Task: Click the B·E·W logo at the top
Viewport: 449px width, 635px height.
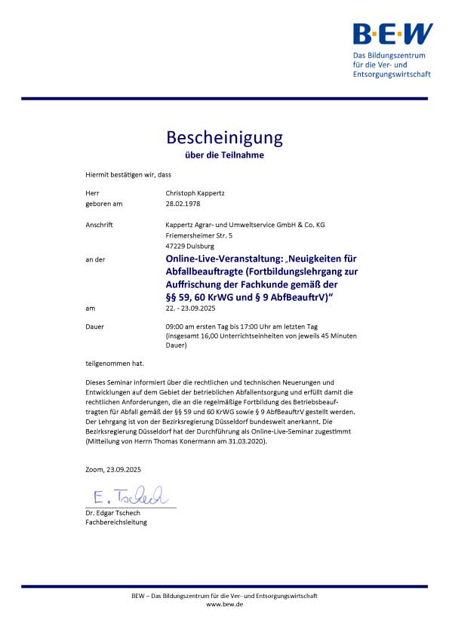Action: (x=392, y=33)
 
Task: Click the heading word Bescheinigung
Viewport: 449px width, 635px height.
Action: (x=224, y=137)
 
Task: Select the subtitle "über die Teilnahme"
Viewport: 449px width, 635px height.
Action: (x=225, y=155)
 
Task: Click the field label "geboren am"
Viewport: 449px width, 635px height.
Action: (x=104, y=203)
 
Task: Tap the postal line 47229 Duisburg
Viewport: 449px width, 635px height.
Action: (x=191, y=245)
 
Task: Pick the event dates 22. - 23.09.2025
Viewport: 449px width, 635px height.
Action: (x=193, y=308)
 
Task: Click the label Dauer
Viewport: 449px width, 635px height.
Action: (x=95, y=326)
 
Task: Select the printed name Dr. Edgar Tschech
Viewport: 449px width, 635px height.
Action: (x=113, y=513)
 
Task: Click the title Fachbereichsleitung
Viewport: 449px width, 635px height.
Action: (x=116, y=522)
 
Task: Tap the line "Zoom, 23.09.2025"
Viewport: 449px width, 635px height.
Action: (x=113, y=469)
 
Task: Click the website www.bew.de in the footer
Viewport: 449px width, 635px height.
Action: (x=224, y=605)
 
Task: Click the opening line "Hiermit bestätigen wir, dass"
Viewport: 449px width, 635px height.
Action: (x=128, y=174)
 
